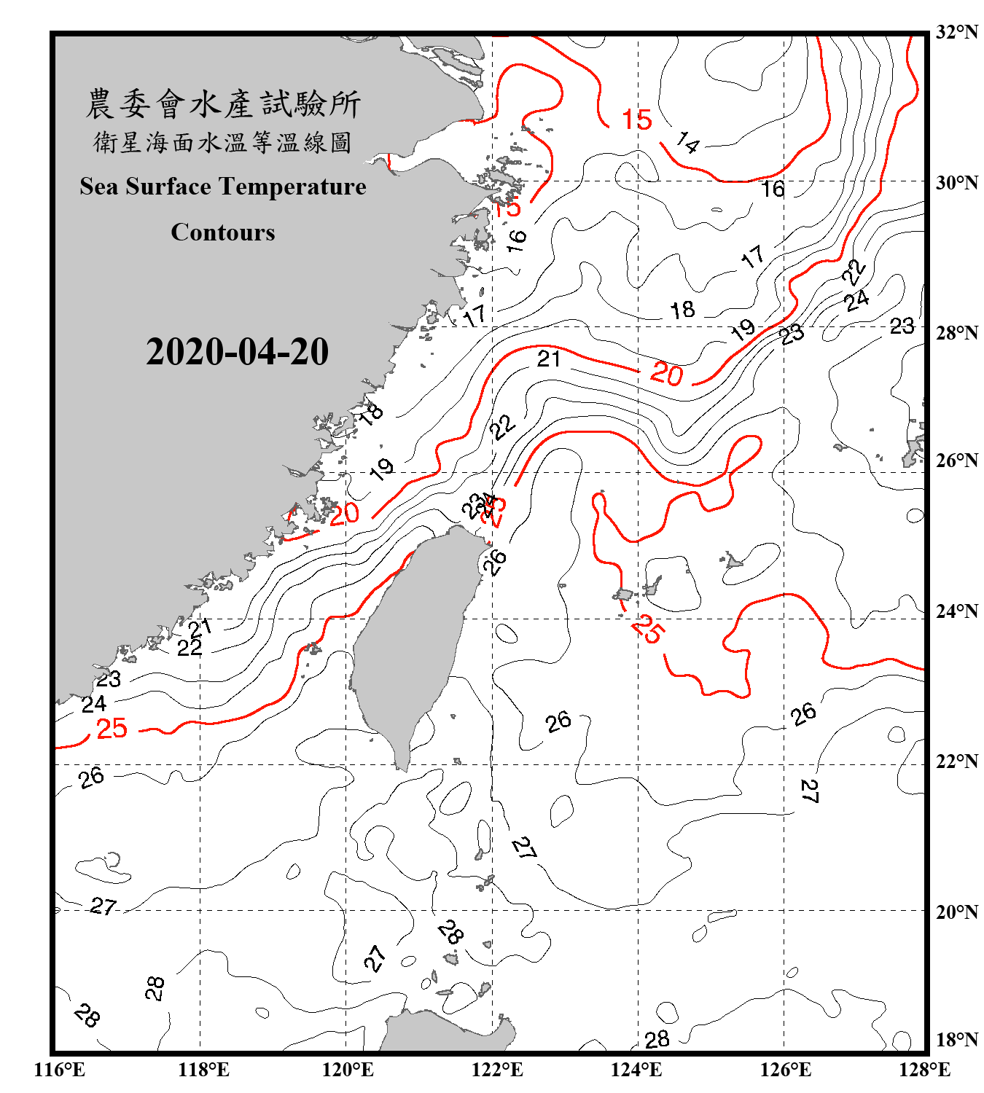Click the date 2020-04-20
237,352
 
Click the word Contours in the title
223,232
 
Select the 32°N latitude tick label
956,32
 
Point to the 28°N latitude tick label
956,333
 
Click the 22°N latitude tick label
956,761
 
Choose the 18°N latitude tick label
956,1040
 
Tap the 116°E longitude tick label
59,1070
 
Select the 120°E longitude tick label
348,1070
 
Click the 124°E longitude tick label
636,1070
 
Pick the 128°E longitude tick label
924,1070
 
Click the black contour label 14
687,141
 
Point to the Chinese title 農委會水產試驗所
223,103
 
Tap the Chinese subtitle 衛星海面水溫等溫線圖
223,142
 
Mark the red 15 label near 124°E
636,120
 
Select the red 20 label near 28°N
666,374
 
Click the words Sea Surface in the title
145,187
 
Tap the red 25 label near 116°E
112,728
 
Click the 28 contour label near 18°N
657,1039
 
